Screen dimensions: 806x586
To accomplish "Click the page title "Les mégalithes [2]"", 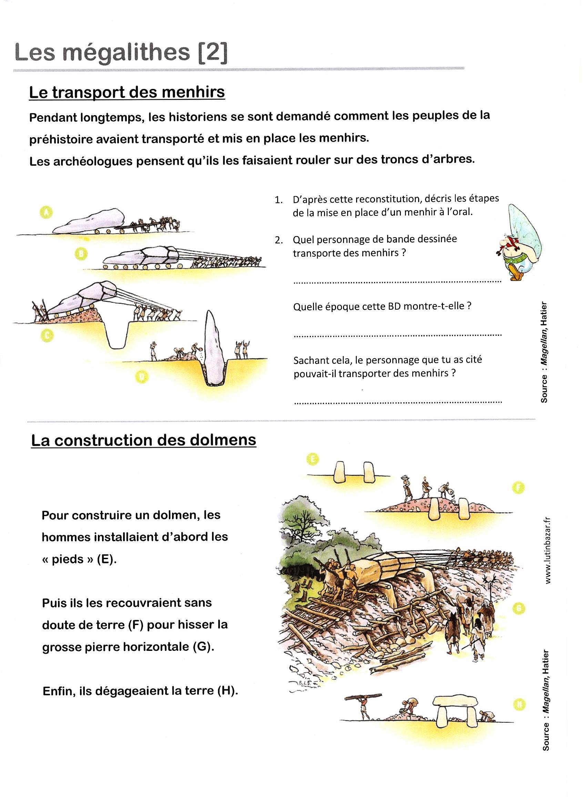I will pos(121,52).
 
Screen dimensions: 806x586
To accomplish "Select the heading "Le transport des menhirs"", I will pos(127,92).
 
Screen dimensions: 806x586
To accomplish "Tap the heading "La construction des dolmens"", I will pos(143,440).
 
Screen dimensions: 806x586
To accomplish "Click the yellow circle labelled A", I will pos(46,212).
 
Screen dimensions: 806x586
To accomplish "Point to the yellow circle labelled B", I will pos(81,254).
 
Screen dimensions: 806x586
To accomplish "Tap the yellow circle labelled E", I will pos(312,460).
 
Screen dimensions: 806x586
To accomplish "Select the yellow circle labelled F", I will pos(518,488).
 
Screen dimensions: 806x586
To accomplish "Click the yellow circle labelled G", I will pos(518,608).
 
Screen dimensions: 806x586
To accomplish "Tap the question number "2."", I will pos(279,240).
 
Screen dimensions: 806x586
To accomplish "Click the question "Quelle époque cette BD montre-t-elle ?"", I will pos(382,306).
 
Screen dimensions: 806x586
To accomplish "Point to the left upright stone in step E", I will pos(340,471).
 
